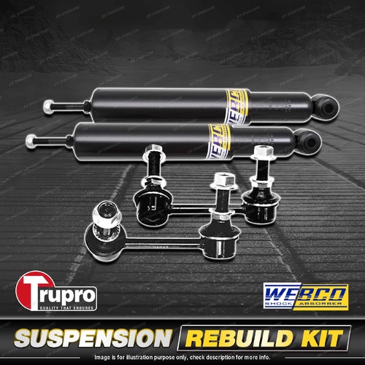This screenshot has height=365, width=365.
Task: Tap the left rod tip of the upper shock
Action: [47, 102]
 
